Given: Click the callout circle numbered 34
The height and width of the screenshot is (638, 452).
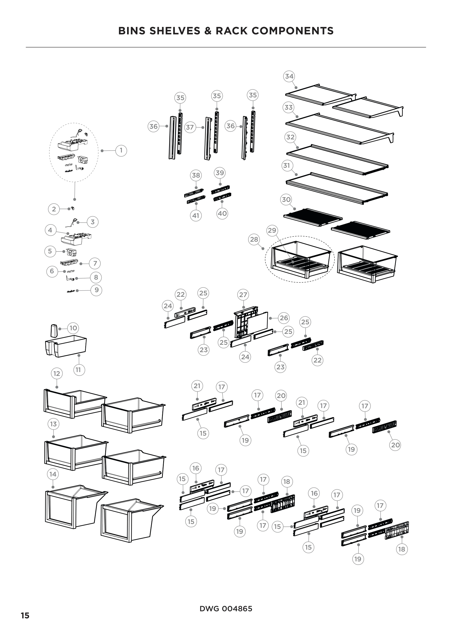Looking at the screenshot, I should point(289,76).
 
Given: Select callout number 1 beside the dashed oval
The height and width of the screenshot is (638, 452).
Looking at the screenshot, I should point(121,151).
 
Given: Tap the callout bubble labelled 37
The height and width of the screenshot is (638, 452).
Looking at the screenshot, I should point(190,128).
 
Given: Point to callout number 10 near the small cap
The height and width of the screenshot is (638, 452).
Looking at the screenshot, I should point(73,328).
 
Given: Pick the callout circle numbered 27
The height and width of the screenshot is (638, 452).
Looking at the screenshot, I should point(243,295).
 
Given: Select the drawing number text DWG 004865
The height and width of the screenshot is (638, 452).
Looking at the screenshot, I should point(226,609).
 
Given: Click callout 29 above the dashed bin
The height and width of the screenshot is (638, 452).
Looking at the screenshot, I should point(272,230).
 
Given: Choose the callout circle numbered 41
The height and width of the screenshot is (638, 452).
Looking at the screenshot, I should point(196,216).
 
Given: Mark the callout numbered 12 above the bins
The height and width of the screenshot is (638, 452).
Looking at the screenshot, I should point(57,373).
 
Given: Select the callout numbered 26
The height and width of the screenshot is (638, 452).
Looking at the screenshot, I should point(284,318).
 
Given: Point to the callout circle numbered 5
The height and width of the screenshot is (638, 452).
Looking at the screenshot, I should point(50,251).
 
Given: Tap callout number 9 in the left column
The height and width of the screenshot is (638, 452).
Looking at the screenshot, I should point(96,290).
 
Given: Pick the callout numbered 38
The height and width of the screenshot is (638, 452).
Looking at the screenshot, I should point(196,175).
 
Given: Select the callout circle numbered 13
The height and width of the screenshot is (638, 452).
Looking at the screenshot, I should point(53,424).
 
